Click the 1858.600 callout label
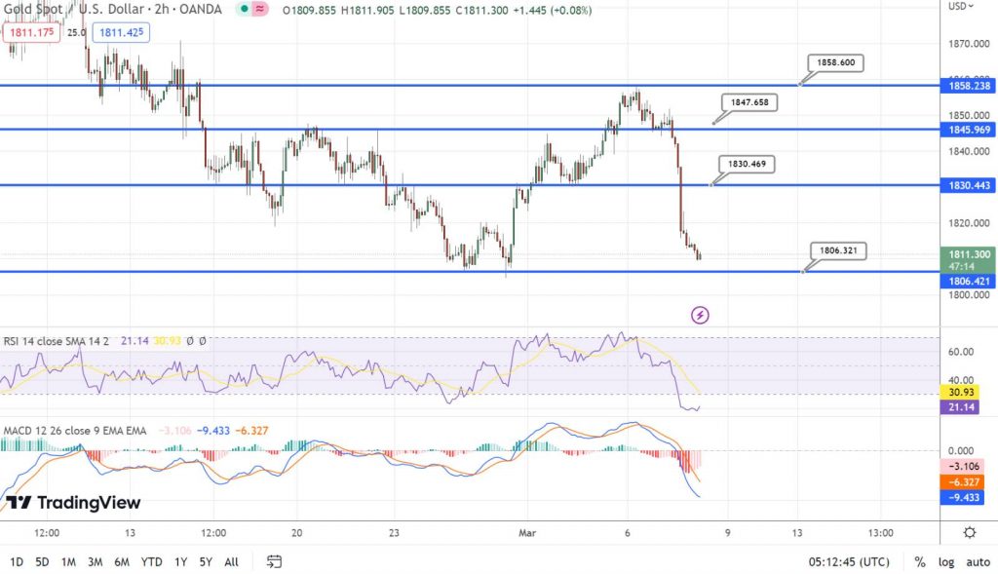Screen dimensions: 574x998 click(x=835, y=62)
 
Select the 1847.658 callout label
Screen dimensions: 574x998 click(x=749, y=101)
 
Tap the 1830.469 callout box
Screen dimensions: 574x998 click(x=747, y=164)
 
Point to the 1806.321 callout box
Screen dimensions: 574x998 click(x=837, y=250)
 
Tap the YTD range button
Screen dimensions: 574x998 click(x=151, y=561)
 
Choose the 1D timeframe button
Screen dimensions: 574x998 click(x=17, y=561)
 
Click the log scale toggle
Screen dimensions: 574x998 click(x=946, y=561)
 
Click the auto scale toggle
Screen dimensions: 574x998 click(x=978, y=561)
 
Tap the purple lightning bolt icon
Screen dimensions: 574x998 click(x=700, y=315)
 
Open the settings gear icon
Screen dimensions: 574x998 click(x=969, y=532)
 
